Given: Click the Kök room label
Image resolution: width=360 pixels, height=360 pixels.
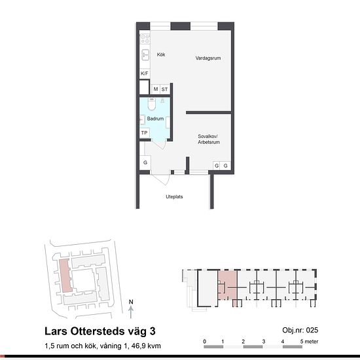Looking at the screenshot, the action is click(161, 54).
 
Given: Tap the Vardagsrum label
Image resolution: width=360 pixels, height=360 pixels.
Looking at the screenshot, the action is click(208, 58).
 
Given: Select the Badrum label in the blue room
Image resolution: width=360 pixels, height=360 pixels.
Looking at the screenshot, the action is click(155, 118).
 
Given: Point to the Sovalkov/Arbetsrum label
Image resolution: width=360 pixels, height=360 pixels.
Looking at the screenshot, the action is click(209, 139).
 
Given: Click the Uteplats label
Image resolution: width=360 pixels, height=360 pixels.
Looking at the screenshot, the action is click(174, 197).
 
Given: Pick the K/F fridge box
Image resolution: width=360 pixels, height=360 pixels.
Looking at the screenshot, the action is click(145, 73).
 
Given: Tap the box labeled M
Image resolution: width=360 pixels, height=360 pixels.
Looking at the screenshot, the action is click(156, 89).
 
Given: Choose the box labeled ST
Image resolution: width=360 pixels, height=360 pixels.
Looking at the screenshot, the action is click(164, 89).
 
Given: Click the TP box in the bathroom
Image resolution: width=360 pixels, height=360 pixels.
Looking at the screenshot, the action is click(145, 133).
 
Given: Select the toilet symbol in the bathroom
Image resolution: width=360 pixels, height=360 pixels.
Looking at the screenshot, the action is click(152, 104).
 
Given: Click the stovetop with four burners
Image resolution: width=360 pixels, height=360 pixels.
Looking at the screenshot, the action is click(145, 39).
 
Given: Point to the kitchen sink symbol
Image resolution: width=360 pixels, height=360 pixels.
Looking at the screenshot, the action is click(145, 55).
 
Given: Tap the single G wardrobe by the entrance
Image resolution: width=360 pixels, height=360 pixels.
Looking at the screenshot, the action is click(145, 162).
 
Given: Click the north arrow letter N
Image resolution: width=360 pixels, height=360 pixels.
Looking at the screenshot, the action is click(131, 302).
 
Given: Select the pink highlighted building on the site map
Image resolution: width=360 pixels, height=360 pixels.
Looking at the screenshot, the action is click(65, 276).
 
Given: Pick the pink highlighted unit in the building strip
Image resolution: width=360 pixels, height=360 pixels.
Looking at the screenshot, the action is click(228, 286).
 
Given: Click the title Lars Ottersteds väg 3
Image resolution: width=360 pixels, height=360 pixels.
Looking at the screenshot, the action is click(100, 331).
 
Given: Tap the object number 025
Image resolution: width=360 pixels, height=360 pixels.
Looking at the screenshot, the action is click(312, 330).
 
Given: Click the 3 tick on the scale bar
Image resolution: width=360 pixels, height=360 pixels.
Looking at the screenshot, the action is click(264, 342).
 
